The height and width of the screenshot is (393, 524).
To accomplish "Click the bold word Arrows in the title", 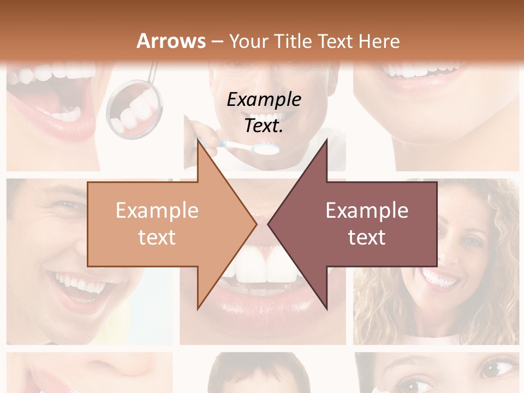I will (171, 41).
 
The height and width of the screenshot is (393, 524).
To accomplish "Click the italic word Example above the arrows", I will (264, 99).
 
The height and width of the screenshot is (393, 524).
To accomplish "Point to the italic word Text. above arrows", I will (264, 126).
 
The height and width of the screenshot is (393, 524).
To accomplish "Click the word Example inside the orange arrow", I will (157, 210).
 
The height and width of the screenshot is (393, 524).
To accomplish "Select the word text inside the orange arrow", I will (157, 237).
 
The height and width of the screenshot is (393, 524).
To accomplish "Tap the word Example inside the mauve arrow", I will (367, 210).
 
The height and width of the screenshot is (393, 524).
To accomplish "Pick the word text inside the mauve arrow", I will (367, 237).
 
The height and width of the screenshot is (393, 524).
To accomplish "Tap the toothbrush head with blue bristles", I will (267, 147).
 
